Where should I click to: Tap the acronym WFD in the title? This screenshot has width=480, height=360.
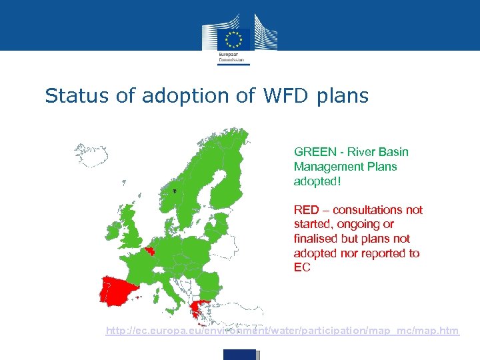pyautogui.click(x=284, y=96)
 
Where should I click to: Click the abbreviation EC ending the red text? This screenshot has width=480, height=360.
pyautogui.click(x=302, y=268)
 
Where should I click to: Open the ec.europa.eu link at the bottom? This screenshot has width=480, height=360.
pyautogui.click(x=283, y=331)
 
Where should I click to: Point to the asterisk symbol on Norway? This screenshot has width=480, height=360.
pyautogui.click(x=174, y=192)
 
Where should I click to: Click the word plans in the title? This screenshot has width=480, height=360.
pyautogui.click(x=343, y=97)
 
